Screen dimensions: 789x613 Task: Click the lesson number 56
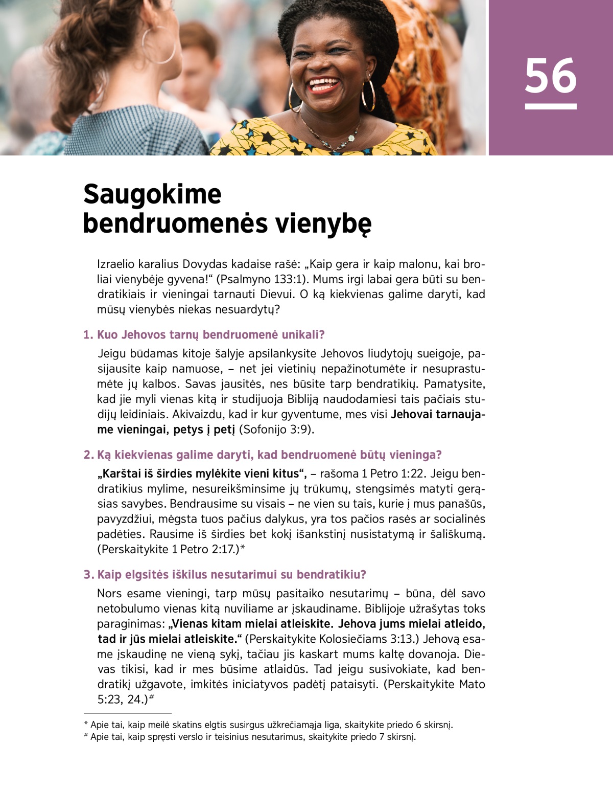click(550, 76)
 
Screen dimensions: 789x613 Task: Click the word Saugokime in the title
click(152, 194)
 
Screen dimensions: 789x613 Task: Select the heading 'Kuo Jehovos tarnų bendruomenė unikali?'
click(204, 335)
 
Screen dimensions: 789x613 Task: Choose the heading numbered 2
click(263, 455)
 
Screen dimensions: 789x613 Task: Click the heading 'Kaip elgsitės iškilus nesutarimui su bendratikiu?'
click(225, 574)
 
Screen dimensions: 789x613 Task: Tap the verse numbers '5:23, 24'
click(121, 699)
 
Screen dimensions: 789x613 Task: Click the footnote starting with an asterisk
click(268, 725)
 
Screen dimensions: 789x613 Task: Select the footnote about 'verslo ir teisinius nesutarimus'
click(250, 737)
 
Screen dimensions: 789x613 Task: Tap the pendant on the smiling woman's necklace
click(351, 138)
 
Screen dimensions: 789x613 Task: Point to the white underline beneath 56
click(550, 106)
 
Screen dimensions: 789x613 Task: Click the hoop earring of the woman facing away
click(159, 45)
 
